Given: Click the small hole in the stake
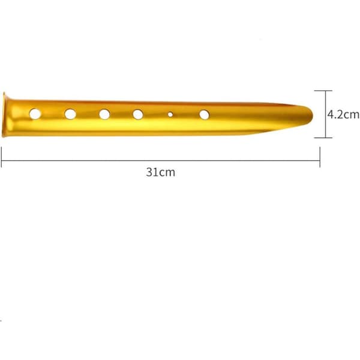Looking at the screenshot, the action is pyautogui.click(x=170, y=114).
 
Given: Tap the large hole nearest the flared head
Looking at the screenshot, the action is pyautogui.click(x=35, y=114).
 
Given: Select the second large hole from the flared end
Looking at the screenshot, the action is pyautogui.click(x=70, y=114).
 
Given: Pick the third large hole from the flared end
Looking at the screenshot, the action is pyautogui.click(x=104, y=115).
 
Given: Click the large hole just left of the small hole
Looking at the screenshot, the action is pyautogui.click(x=138, y=115).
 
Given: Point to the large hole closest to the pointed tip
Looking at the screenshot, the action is pyautogui.click(x=204, y=115).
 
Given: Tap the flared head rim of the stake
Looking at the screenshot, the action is pyautogui.click(x=4, y=115).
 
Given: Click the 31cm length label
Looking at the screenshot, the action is pyautogui.click(x=160, y=172).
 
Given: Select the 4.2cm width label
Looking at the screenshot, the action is pyautogui.click(x=343, y=115).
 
